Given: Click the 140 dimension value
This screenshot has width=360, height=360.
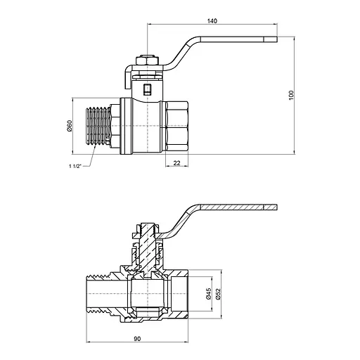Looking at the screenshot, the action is click(x=212, y=21).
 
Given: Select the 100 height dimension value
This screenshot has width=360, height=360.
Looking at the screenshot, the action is click(x=291, y=95).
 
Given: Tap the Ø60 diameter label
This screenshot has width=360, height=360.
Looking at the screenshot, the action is click(x=70, y=126).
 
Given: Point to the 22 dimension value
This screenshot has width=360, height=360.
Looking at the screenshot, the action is click(x=177, y=162).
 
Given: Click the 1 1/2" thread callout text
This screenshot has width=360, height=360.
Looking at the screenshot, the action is click(x=75, y=166).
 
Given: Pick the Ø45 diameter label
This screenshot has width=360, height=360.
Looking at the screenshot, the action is click(x=208, y=294).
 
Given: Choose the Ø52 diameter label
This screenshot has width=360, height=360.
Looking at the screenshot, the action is click(x=218, y=294).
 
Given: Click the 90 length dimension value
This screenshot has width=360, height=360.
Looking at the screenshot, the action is click(x=137, y=339).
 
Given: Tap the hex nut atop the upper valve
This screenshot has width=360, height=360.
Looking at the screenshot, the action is click(x=147, y=60).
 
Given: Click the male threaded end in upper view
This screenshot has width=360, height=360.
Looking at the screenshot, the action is click(x=98, y=126).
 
